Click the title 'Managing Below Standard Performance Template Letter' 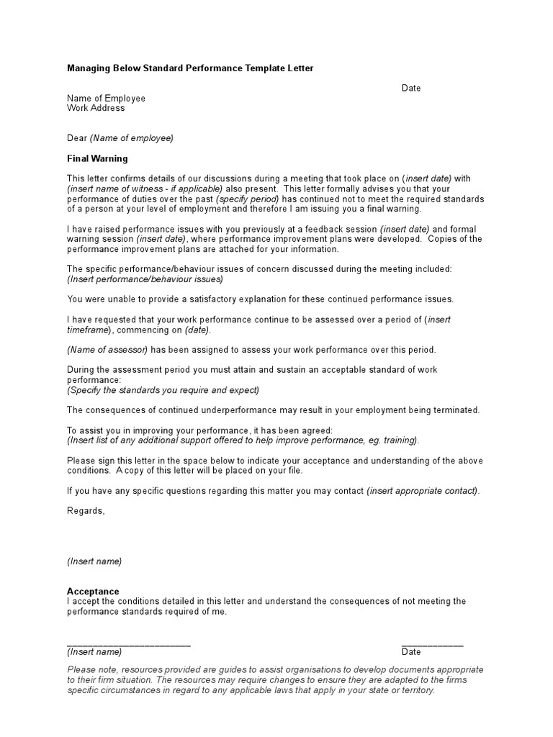click(x=190, y=68)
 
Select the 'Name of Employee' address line click(x=106, y=99)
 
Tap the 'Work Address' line click(x=96, y=109)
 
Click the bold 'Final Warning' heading click(x=97, y=158)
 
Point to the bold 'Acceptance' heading click(x=93, y=592)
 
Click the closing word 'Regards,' click(x=86, y=511)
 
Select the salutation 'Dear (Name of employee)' click(x=120, y=138)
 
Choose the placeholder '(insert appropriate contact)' click(x=422, y=491)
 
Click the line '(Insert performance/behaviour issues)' click(x=145, y=279)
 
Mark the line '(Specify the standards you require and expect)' click(x=163, y=390)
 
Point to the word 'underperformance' click(x=204, y=410)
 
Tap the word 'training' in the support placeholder click(x=399, y=440)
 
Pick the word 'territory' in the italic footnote click(x=414, y=690)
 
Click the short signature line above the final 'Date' click(x=432, y=644)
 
